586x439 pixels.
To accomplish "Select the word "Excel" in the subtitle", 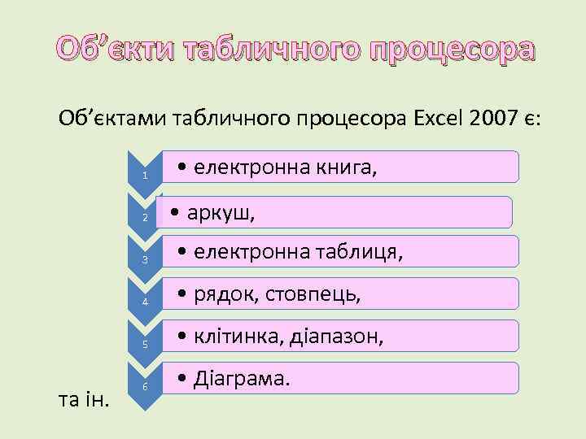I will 441,120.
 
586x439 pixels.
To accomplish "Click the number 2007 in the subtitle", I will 498,120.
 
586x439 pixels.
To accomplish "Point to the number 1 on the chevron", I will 144,176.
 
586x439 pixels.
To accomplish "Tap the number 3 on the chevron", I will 144,260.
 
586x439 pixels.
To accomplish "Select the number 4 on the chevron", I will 144,302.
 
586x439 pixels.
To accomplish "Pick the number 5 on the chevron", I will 144,345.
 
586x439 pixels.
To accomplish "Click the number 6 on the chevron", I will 144,386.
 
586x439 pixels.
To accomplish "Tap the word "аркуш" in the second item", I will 221,214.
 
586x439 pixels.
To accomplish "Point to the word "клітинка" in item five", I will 240,337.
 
